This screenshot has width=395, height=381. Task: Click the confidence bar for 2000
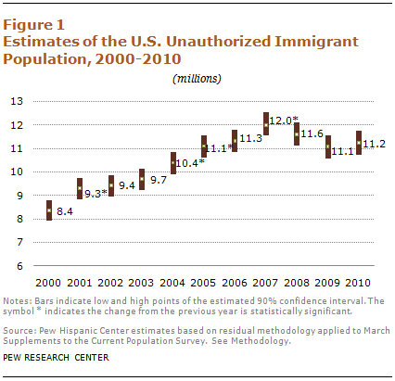pyautogui.click(x=49, y=210)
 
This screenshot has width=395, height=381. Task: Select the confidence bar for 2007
pyautogui.click(x=266, y=123)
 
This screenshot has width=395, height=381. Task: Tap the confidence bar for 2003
pyautogui.click(x=142, y=179)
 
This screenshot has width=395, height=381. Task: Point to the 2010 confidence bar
pyautogui.click(x=359, y=143)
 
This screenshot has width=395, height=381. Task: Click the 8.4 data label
pyautogui.click(x=65, y=211)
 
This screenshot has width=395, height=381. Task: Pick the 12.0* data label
pyautogui.click(x=284, y=121)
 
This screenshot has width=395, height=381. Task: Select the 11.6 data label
pyautogui.click(x=312, y=133)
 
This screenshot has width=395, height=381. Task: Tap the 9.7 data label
pyautogui.click(x=159, y=180)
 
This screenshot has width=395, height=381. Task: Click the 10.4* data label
pyautogui.click(x=190, y=163)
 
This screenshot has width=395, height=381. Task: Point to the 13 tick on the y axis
pyautogui.click(x=17, y=101)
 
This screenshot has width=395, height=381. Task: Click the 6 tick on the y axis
pyautogui.click(x=20, y=266)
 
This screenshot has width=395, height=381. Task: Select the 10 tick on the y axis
pyautogui.click(x=17, y=171)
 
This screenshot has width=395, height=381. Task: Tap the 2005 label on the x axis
pyautogui.click(x=203, y=283)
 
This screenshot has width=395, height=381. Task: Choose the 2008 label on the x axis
pyautogui.click(x=297, y=283)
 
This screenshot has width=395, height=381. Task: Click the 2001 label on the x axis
pyautogui.click(x=80, y=283)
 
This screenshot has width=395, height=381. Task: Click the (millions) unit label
pyautogui.click(x=197, y=79)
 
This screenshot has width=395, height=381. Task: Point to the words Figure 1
pyautogui.click(x=33, y=25)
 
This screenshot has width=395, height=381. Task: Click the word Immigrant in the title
pyautogui.click(x=316, y=43)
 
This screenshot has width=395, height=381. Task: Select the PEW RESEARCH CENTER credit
pyautogui.click(x=56, y=358)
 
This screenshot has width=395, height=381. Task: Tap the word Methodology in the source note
pyautogui.click(x=261, y=341)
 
